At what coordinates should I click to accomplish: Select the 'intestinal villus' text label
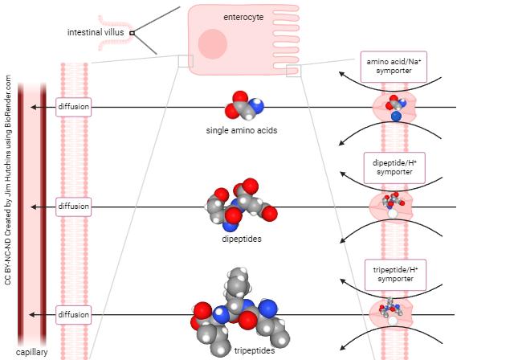96,32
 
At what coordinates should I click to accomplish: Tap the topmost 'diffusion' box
73,107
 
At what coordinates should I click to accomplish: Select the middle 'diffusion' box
73,207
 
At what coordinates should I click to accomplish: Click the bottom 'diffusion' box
73,313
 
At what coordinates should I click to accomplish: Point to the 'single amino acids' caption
242,130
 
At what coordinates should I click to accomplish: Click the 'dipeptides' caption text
242,239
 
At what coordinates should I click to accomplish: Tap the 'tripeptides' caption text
255,350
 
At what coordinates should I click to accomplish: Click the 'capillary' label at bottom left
31,352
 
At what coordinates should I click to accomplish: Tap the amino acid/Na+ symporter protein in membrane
394,107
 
